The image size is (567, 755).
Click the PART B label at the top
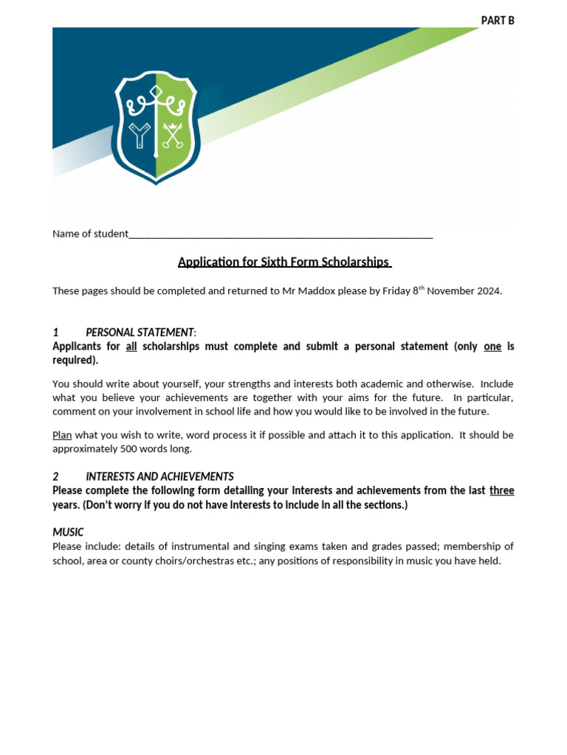coord(498,21)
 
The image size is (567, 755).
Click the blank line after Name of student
coord(281,235)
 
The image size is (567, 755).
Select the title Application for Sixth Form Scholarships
coord(283,262)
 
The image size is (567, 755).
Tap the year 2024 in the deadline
coord(488,290)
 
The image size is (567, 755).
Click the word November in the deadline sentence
coord(450,290)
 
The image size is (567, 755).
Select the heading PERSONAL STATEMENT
coord(140,333)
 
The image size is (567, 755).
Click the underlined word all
coord(131,346)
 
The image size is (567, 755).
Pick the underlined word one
coord(492,346)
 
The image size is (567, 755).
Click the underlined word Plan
coord(62,435)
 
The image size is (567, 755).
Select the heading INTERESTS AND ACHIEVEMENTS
coord(159,476)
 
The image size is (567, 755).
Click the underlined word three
coord(501,490)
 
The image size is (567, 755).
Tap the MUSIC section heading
coord(68,532)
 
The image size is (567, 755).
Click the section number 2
coord(55,476)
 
